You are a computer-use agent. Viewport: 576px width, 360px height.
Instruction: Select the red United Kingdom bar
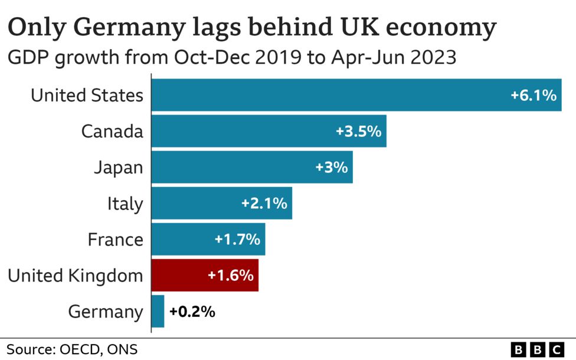point(205,275)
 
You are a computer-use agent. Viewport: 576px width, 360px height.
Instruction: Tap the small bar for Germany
point(158,311)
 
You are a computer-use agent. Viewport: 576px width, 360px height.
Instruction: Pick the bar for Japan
point(252,167)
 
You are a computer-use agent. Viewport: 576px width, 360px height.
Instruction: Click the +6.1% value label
point(534,95)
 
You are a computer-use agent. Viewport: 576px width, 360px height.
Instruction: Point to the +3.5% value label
point(358,131)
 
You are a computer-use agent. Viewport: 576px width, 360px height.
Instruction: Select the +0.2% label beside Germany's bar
point(192,311)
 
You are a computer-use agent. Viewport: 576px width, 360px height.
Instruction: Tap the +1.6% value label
point(230,275)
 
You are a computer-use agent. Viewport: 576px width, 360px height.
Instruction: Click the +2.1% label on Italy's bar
point(264,203)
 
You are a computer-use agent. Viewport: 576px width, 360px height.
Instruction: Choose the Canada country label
point(112,131)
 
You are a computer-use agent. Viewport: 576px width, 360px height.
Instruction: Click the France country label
point(115,239)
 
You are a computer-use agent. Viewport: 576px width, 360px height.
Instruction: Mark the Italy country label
point(125,203)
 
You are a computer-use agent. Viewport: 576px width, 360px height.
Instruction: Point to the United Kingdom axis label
point(75,275)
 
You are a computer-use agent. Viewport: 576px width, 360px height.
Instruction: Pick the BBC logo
point(536,349)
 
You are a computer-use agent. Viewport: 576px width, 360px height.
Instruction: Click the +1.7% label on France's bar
point(237,239)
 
